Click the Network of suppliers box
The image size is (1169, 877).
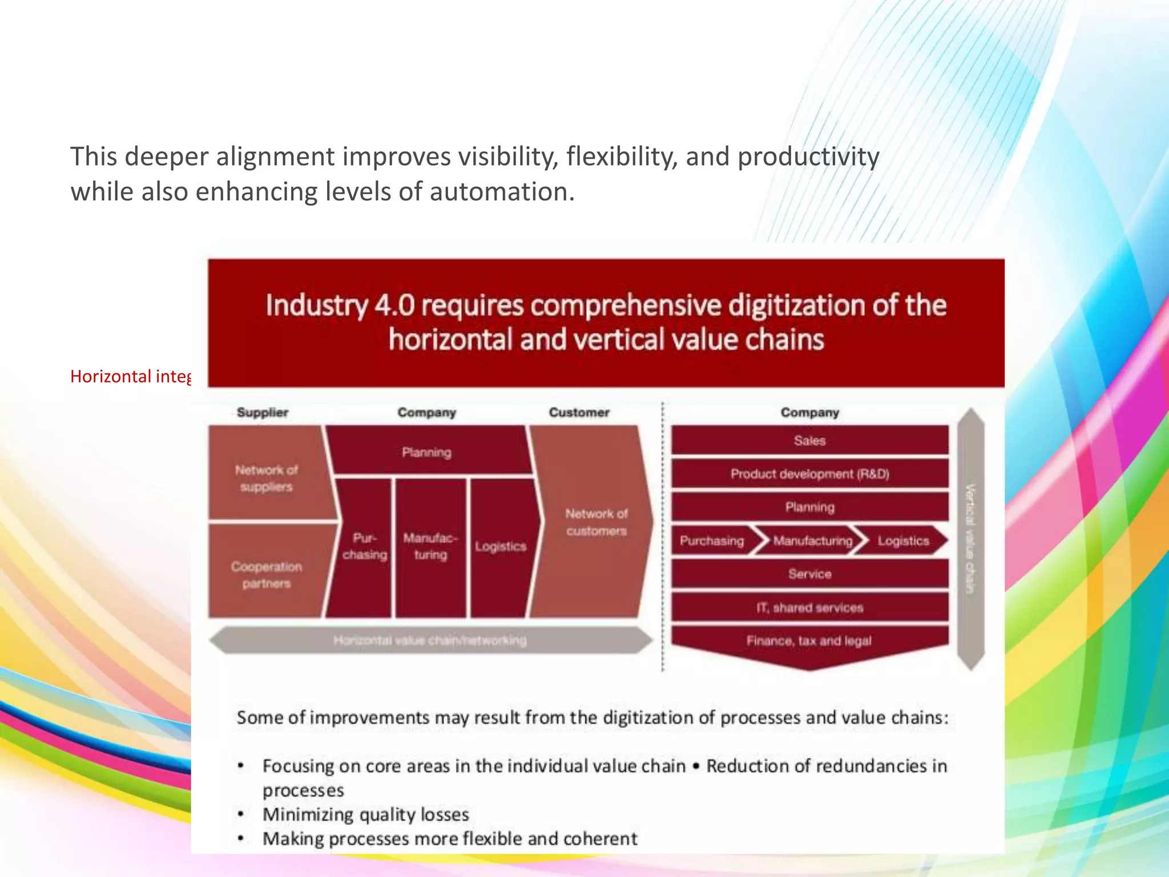[x=267, y=477]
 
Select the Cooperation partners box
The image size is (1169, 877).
[x=266, y=574]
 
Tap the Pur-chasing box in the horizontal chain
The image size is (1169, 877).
[x=364, y=547]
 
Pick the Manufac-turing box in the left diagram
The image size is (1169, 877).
[x=430, y=547]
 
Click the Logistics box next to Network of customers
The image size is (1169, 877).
[x=501, y=547]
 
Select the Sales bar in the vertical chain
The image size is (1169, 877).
[x=809, y=441]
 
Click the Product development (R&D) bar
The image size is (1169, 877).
[x=809, y=474]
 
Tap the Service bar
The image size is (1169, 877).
[x=809, y=574]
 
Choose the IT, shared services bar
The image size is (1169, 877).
[x=809, y=608]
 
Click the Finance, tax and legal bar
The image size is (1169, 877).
[x=809, y=642]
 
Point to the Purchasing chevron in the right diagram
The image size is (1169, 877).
[x=712, y=541]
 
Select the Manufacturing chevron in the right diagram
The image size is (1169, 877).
[x=812, y=541]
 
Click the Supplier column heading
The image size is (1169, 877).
[x=263, y=412]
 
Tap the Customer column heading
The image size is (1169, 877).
[x=579, y=412]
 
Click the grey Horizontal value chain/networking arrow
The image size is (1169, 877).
[x=430, y=641]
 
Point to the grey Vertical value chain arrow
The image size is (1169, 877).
[x=970, y=538]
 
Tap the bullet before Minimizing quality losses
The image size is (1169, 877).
[x=241, y=814]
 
